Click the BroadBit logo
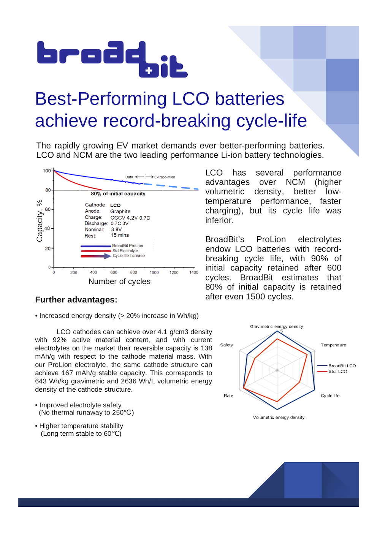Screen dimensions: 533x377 point(112,59)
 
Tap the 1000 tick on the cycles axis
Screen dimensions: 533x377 point(154,272)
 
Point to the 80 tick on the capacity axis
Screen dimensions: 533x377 point(48,190)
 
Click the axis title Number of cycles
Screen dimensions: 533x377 point(119,282)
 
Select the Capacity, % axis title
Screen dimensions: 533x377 point(40,221)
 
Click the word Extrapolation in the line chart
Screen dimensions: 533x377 point(165,177)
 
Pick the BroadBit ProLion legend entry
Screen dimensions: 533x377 point(127,246)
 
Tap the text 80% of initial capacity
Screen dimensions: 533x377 point(118,194)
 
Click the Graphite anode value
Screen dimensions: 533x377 point(120,211)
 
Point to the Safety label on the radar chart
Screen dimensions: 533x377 point(227,345)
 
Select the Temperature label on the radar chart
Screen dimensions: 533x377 point(333,345)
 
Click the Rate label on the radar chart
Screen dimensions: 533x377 point(228,396)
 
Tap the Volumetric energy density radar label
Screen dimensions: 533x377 point(279,418)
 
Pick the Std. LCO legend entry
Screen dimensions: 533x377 point(337,372)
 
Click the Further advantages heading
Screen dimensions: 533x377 point(76,300)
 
